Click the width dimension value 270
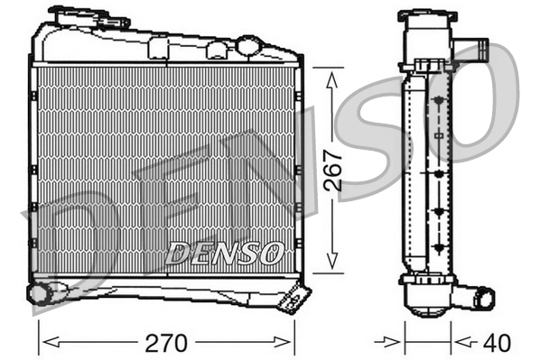[168, 343]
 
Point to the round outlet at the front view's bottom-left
[39, 292]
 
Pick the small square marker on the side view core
[440, 135]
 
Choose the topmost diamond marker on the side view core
[440, 100]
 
